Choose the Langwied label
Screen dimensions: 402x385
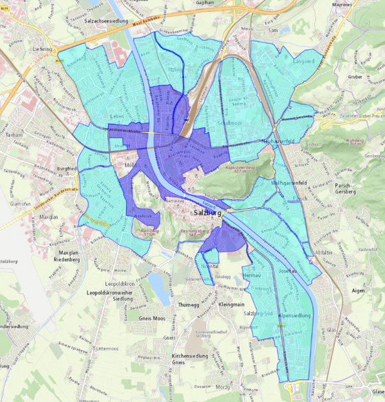click(x=302, y=62)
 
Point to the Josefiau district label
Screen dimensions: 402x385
click(x=287, y=271)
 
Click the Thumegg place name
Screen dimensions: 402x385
click(x=188, y=305)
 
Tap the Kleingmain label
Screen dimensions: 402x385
click(x=232, y=305)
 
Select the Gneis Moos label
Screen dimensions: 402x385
click(x=154, y=318)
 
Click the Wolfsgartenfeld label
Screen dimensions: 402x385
click(x=288, y=183)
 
